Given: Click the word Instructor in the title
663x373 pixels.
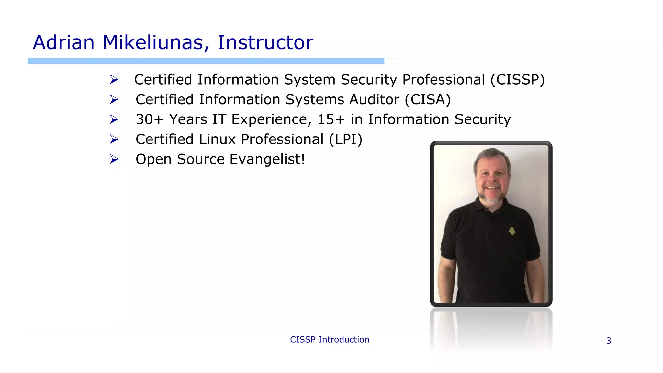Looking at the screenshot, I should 265,42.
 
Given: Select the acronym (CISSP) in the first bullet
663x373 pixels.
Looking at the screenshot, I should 517,80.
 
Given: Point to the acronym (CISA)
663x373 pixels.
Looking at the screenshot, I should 427,100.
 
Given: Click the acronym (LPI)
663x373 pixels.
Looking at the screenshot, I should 345,140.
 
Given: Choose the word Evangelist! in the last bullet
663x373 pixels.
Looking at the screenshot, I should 267,159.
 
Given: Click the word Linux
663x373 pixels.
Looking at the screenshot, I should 218,140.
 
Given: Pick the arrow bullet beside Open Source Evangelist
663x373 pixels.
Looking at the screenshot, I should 114,159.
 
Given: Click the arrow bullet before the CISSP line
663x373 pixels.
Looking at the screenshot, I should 114,80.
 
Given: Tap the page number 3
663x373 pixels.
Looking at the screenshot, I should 609,341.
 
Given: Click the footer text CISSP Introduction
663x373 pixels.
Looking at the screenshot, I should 330,340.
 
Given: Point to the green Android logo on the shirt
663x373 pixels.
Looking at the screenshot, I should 512,231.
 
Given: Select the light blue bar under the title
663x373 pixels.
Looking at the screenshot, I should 206,61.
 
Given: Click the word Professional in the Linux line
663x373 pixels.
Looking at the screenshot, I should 282,140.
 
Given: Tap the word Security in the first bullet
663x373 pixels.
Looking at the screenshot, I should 369,80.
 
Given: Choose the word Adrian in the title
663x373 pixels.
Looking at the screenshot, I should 64,42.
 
